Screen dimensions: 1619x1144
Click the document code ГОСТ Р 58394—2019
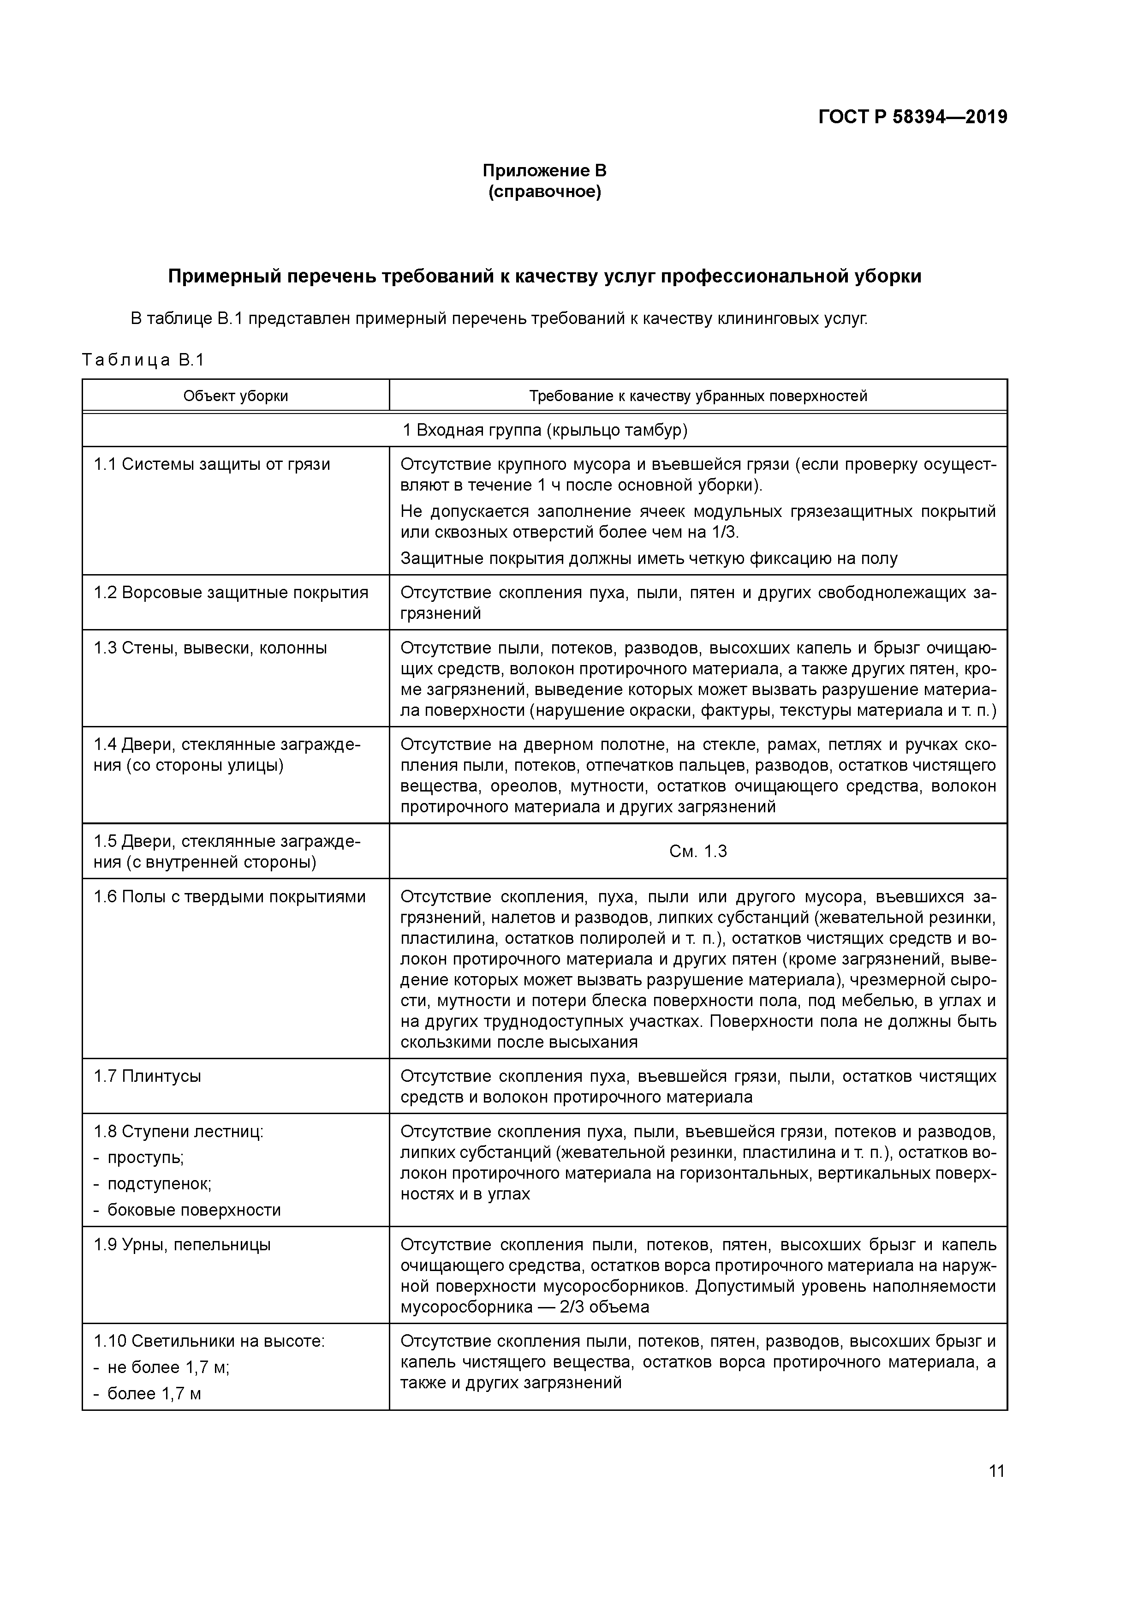click(913, 117)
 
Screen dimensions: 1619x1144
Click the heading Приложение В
click(544, 171)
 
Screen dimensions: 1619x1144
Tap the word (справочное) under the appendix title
click(544, 192)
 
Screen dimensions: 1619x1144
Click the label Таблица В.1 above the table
click(143, 360)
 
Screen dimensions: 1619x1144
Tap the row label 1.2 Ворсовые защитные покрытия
click(231, 592)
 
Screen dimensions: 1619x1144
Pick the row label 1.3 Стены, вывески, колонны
click(210, 648)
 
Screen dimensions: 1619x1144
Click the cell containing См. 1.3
click(698, 851)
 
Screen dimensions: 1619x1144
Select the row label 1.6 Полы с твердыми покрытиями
click(230, 897)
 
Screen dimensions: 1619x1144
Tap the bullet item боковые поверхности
click(194, 1210)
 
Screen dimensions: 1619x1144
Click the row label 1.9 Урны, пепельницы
click(182, 1245)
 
